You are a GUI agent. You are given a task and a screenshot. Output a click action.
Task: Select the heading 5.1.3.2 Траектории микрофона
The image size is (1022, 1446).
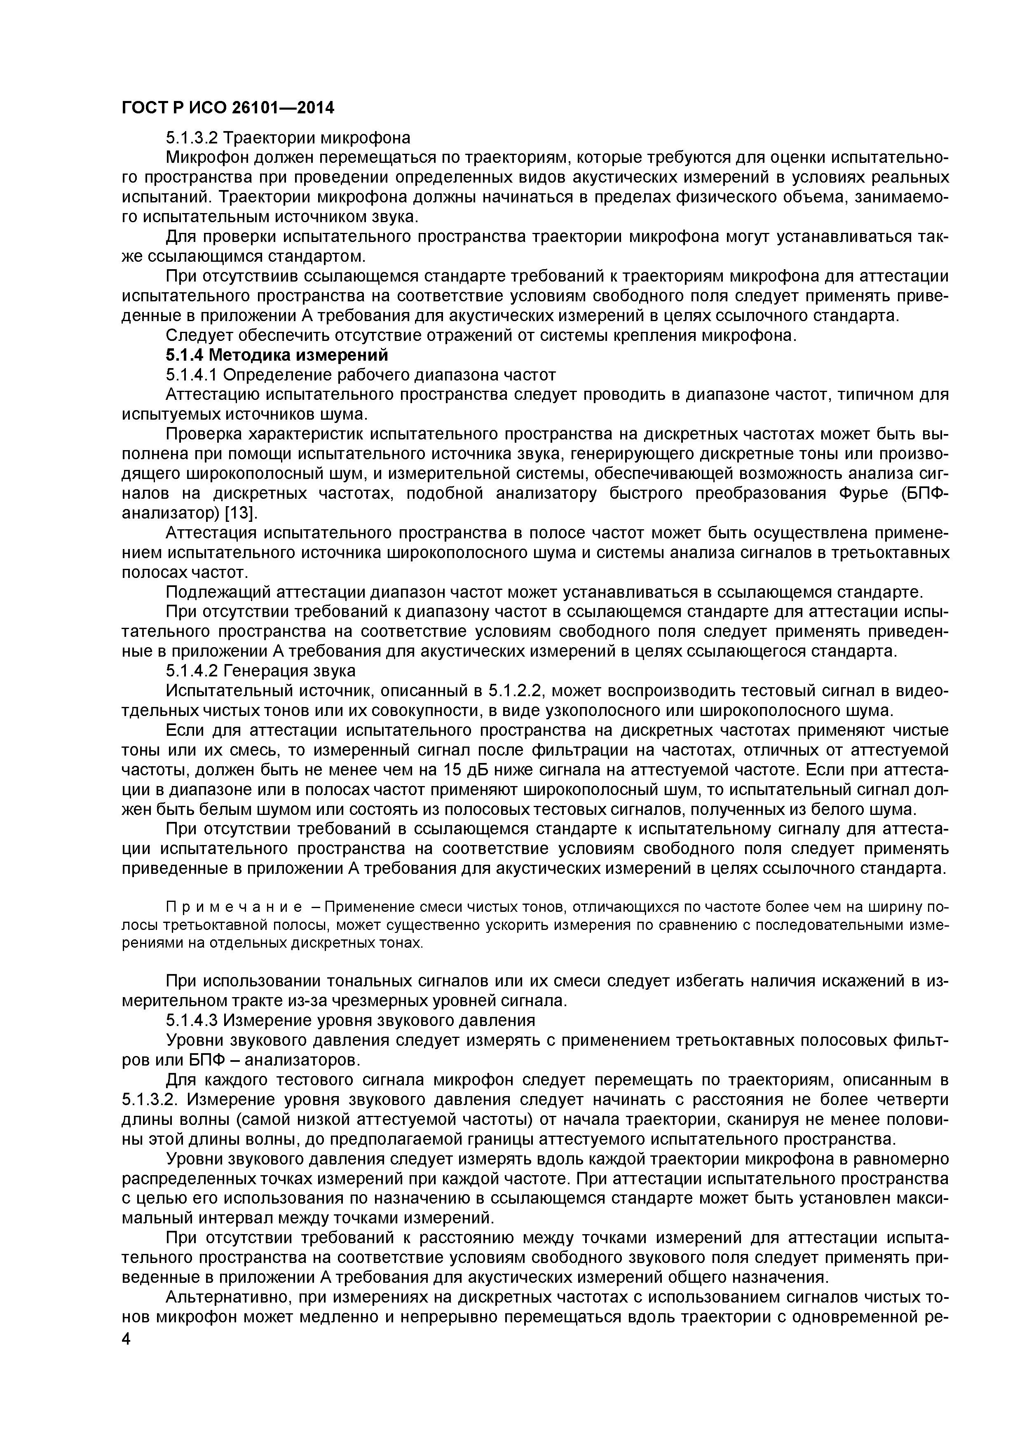[x=288, y=137]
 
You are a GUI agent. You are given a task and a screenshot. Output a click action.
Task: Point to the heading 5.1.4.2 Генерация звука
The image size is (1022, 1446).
[x=260, y=670]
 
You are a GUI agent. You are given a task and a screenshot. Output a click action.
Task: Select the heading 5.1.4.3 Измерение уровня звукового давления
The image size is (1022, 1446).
[x=350, y=1020]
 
